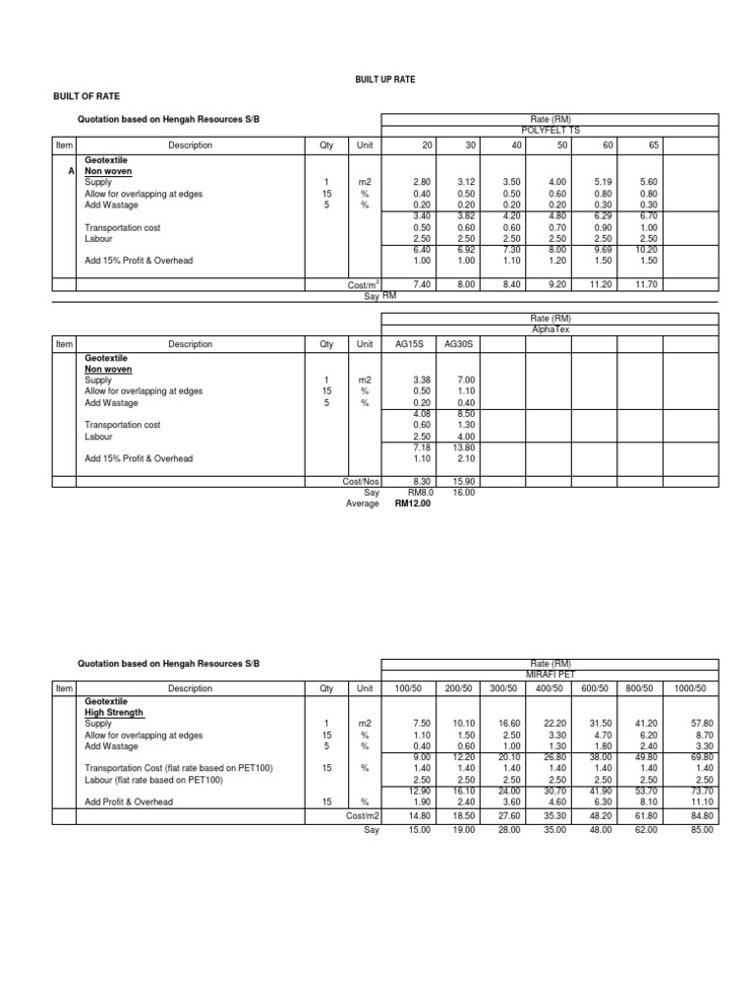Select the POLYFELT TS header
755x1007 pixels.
[551, 130]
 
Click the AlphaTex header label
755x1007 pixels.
[551, 330]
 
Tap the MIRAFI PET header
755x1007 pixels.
[551, 674]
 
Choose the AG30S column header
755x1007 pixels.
[459, 345]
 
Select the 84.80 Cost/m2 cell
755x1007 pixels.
[701, 815]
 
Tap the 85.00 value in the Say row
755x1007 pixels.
[701, 830]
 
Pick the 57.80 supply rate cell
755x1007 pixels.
[701, 723]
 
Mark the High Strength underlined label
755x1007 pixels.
[113, 712]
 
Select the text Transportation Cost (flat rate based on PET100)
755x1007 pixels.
[179, 767]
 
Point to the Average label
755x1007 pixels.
[363, 503]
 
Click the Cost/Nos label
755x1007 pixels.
[361, 482]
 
